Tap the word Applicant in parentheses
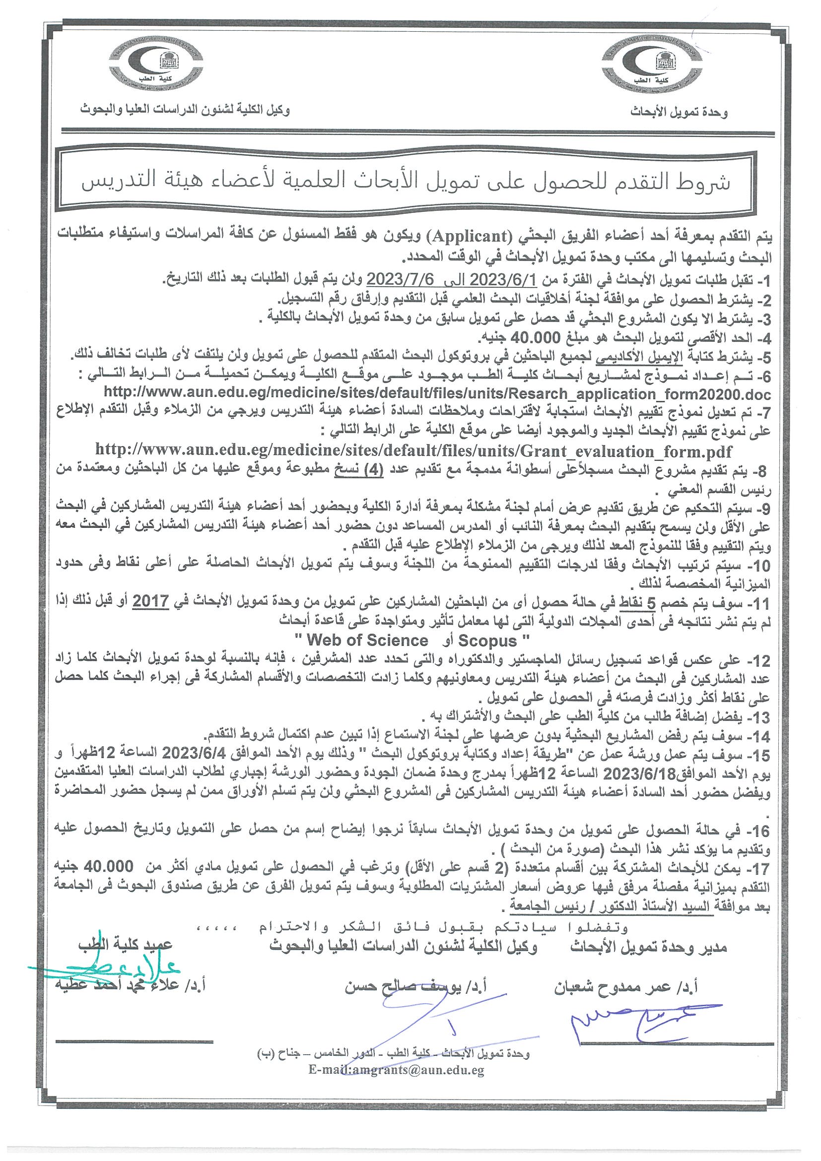pyautogui.click(x=471, y=236)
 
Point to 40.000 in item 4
pyautogui.click(x=536, y=337)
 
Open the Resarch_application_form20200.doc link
pyautogui.click(x=438, y=394)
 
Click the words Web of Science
pyautogui.click(x=368, y=641)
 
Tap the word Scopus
pyautogui.click(x=487, y=641)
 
